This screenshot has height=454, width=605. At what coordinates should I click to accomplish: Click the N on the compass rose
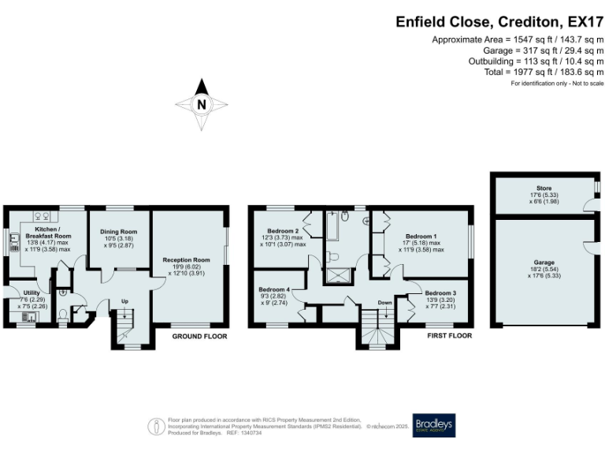coord(202,104)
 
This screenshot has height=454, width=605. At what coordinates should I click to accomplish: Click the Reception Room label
coord(186,259)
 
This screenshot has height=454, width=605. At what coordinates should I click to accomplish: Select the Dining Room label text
coord(118,232)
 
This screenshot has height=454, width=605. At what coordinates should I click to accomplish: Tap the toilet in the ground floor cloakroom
coord(63,314)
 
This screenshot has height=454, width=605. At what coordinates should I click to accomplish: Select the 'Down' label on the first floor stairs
coord(384,303)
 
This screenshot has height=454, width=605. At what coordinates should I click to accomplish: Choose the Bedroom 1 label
coord(421,236)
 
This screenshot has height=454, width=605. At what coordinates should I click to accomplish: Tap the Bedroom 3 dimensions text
coord(440,303)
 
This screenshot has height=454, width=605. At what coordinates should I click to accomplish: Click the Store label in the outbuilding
coord(544,188)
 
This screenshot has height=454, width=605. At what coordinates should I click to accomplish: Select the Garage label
coord(544,262)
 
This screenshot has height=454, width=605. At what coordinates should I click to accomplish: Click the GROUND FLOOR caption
coord(200,336)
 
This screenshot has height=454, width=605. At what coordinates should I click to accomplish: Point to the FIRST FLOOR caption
coord(449,336)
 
